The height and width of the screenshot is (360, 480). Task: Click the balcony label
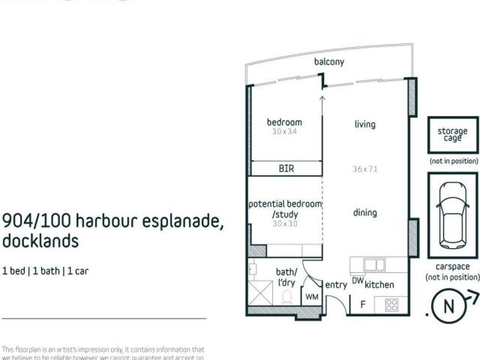329,62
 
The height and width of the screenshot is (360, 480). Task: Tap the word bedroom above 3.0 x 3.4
284,122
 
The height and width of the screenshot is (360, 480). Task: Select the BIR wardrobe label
286,169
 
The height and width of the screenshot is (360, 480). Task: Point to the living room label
365,124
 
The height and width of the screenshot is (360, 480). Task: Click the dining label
364,213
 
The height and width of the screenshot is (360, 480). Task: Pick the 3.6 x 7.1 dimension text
364,169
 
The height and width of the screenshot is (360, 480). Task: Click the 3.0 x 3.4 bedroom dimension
284,131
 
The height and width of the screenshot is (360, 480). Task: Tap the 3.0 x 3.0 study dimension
285,223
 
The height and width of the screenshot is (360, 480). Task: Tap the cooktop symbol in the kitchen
391,304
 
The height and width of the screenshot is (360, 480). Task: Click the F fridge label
363,304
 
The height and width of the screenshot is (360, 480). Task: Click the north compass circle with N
449,306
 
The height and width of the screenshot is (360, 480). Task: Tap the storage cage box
452,135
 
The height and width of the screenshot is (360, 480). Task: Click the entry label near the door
334,285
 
